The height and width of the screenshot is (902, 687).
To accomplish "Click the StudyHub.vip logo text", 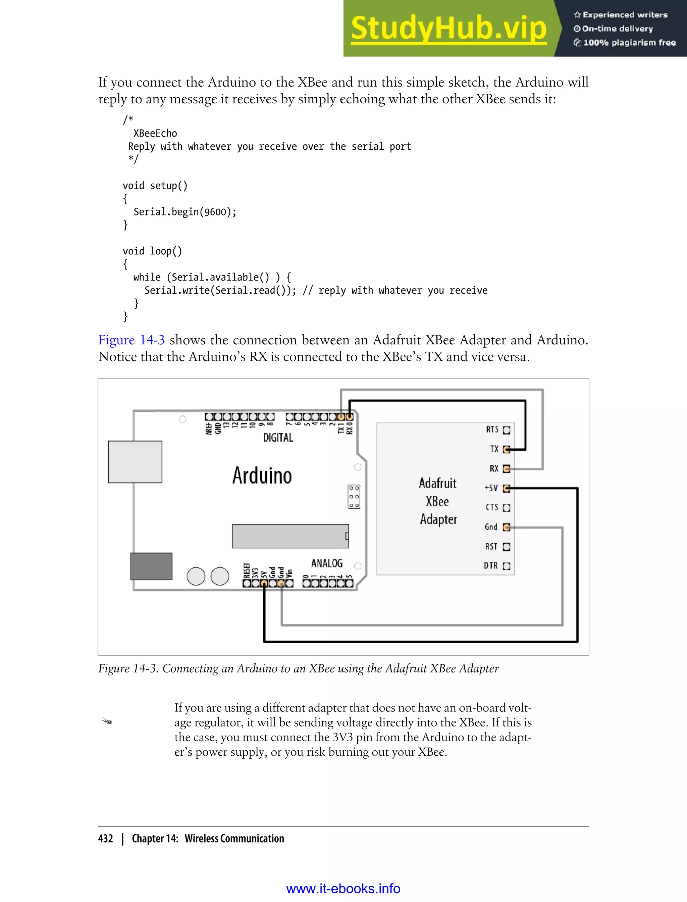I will [448, 29].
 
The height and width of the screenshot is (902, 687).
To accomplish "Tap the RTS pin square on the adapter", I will [506, 430].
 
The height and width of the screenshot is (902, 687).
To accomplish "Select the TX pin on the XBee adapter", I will [506, 450].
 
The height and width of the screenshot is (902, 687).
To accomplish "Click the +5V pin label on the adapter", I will [491, 488].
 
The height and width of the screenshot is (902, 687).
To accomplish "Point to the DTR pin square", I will [506, 566].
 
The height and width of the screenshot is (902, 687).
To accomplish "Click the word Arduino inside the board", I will [262, 476].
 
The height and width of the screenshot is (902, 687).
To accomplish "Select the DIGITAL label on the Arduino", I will [278, 438].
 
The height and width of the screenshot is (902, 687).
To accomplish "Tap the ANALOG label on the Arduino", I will [327, 563].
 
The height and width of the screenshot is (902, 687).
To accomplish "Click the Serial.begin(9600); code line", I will [185, 212].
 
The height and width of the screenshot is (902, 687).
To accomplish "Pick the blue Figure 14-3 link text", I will [131, 340].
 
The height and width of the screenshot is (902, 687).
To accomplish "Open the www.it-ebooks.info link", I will [343, 889].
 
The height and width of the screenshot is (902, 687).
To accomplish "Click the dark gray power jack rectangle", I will [151, 566].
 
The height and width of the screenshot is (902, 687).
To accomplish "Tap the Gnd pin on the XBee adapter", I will [506, 527].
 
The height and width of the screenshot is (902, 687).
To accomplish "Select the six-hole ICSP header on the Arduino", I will [354, 497].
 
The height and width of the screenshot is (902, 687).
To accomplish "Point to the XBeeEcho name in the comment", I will [155, 133].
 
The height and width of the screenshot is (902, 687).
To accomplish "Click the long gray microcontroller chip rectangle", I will [290, 536].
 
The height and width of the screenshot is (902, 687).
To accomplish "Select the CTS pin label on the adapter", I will [491, 507].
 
